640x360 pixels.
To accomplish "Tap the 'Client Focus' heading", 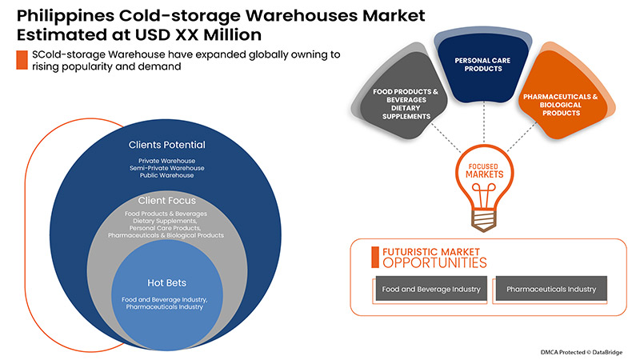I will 167,200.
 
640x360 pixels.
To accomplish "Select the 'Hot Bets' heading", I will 167,282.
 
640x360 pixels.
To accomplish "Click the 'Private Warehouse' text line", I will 167,161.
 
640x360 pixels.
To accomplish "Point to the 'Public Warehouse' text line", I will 167,175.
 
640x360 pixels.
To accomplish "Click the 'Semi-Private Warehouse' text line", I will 167,168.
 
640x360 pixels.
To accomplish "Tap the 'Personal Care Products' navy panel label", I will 478,65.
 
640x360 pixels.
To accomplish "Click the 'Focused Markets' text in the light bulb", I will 480,173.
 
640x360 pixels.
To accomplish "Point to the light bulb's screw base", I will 480,217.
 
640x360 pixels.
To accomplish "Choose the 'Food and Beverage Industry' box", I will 431,289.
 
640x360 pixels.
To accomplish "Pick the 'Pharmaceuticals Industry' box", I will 551,289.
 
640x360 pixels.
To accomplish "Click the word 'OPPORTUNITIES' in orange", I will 433,262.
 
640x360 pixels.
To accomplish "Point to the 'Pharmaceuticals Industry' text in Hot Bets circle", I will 167,306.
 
